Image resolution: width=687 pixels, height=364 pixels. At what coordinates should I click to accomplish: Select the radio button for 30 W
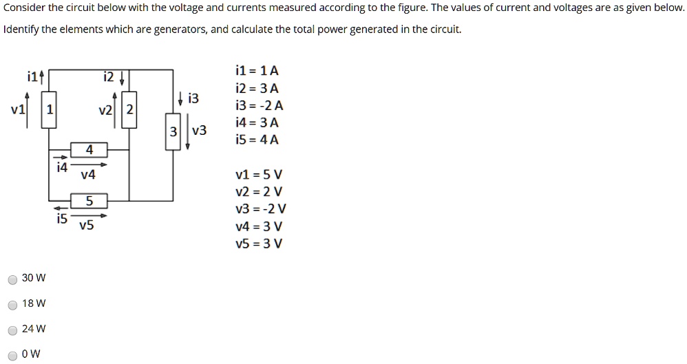pos(12,279)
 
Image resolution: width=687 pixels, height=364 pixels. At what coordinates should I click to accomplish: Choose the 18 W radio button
pos(12,305)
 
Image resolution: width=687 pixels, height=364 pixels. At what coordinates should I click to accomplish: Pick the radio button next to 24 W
pos(12,330)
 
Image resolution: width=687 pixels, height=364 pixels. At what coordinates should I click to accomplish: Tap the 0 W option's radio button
pos(12,355)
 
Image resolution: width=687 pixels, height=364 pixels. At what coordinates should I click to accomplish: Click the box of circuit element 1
pos(48,110)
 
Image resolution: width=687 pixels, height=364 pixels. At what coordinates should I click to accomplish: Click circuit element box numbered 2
pos(130,110)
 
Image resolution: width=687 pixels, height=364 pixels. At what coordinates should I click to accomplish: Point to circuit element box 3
pos(173,131)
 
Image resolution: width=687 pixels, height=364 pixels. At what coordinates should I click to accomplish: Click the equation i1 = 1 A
pos(257,71)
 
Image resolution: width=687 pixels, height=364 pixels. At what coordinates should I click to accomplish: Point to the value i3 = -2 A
pos(259,105)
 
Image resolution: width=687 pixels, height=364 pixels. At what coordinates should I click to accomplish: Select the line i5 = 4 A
pos(257,140)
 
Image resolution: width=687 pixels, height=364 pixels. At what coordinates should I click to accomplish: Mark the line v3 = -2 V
pos(260,209)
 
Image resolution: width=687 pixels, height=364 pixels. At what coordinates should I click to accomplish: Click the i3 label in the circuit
pos(193,98)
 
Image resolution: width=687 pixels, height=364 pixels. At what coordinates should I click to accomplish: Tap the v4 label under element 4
pos(87,175)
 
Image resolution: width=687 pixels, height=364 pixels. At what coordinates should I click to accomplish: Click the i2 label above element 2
pos(109,76)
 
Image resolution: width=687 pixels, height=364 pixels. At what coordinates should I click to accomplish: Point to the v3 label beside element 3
pos(199,130)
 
